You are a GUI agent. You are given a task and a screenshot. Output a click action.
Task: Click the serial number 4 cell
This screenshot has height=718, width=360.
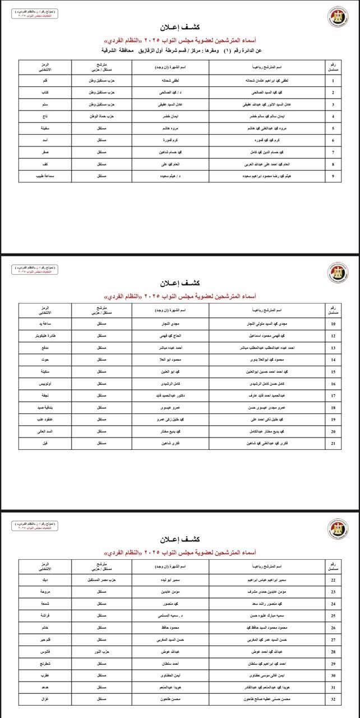(333, 116)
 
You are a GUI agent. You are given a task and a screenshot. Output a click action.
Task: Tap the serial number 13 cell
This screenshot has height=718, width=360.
(333, 348)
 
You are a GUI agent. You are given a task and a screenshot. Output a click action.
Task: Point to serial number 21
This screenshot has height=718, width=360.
(333, 443)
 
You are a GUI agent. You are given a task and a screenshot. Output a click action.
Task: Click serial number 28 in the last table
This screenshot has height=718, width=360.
(333, 651)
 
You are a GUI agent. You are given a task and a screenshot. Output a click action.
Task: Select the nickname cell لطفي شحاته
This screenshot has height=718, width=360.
(176, 80)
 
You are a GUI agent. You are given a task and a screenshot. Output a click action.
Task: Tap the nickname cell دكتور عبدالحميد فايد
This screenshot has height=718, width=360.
(176, 395)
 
